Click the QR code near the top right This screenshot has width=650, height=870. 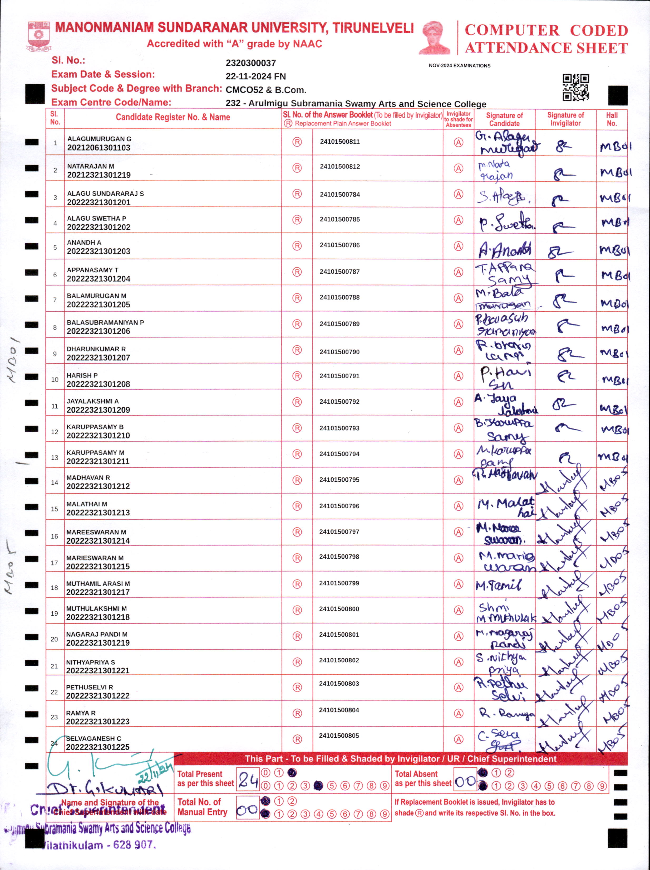(576, 87)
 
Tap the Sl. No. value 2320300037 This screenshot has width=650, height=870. (251, 63)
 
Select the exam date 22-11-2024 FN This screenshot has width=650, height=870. (255, 76)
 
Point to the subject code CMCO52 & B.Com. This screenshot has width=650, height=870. (266, 90)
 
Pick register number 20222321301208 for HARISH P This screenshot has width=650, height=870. (98, 384)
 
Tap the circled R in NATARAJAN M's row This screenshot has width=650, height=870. (297, 168)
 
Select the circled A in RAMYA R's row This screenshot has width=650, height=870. (458, 713)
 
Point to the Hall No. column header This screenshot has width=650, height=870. (612, 119)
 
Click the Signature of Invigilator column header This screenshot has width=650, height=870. (565, 119)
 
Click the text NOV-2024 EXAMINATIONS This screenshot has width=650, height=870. (459, 66)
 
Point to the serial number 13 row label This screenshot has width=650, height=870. (55, 457)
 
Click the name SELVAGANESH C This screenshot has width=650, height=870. (93, 738)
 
